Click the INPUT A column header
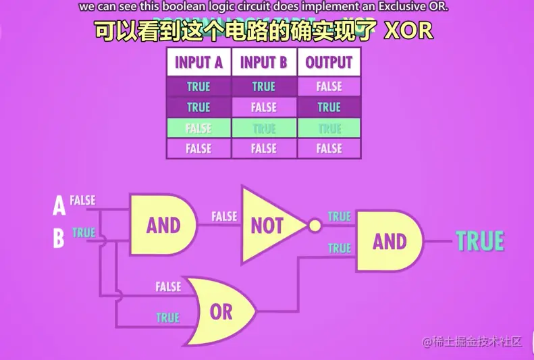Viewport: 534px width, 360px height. tap(198, 63)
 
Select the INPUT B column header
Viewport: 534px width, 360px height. tap(264, 63)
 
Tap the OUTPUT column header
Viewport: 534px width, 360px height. tap(329, 63)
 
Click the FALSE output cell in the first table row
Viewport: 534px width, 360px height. tap(329, 86)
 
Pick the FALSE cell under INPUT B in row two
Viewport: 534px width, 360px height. tap(264, 107)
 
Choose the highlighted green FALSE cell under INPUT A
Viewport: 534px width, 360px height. tap(198, 128)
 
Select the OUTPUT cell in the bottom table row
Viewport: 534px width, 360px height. tap(329, 149)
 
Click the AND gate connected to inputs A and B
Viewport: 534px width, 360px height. tap(163, 225)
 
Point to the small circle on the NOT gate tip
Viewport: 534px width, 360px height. tap(315, 226)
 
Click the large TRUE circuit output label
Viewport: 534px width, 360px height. tap(480, 241)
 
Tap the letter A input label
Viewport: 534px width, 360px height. tap(59, 205)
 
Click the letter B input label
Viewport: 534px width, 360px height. tap(59, 238)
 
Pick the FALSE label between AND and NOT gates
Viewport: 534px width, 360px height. tap(224, 217)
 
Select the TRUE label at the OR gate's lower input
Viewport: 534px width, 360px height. tap(167, 317)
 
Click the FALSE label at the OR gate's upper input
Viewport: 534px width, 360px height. tap(167, 287)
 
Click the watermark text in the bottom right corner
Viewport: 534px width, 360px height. tap(472, 342)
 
